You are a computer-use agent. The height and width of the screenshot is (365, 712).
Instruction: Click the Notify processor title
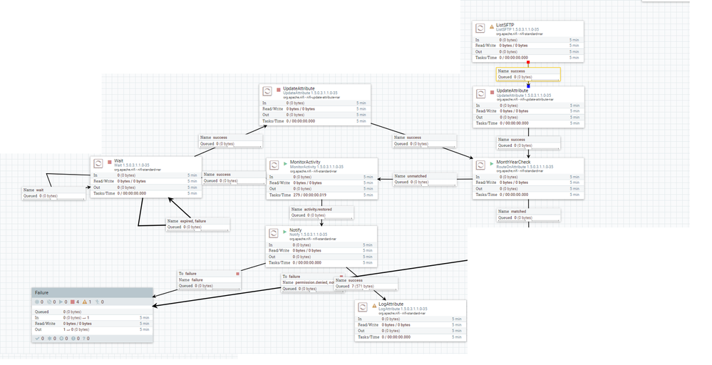[x=295, y=230]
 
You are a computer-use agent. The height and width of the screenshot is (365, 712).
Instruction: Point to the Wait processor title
[x=118, y=161]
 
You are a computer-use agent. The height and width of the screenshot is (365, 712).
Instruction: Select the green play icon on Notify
[x=283, y=231]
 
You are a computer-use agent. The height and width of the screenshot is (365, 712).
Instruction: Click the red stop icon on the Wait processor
[x=109, y=162]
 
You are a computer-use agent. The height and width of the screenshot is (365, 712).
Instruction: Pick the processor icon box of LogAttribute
[x=363, y=307]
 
